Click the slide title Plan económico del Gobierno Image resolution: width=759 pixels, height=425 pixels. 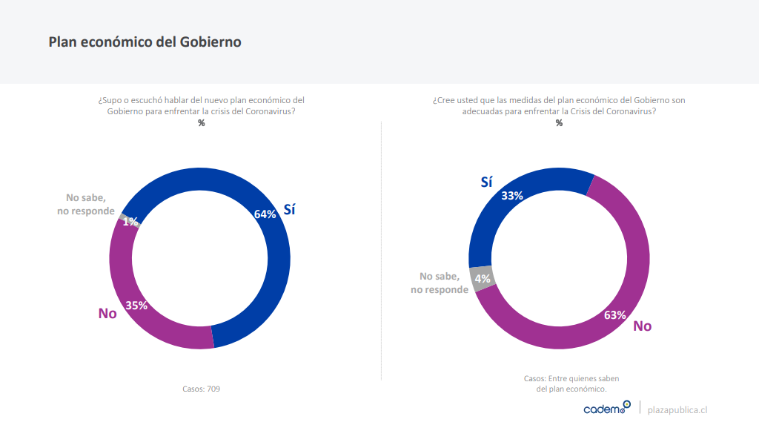(145, 42)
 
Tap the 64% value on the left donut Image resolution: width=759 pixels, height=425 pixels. (265, 214)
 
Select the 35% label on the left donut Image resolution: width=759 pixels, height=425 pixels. (136, 305)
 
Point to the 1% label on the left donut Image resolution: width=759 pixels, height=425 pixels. (130, 221)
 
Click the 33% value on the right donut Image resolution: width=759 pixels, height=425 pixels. (512, 196)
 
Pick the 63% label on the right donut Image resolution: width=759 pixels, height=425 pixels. (615, 314)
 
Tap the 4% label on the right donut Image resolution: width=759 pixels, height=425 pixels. (483, 279)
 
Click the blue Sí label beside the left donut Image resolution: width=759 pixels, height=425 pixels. (290, 209)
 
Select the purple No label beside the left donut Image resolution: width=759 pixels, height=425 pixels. (107, 313)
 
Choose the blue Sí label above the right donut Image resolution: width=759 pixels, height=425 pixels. (486, 182)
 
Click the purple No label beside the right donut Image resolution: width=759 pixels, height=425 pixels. (642, 326)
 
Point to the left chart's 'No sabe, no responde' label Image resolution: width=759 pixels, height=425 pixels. (86, 204)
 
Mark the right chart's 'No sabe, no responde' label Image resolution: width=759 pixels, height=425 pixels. (440, 283)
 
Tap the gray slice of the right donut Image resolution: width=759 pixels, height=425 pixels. (480, 278)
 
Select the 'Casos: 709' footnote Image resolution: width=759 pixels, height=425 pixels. (201, 389)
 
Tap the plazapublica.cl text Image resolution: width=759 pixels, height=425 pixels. (677, 409)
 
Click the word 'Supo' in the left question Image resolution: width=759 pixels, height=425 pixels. (111, 100)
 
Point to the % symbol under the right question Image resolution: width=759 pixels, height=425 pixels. (559, 123)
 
